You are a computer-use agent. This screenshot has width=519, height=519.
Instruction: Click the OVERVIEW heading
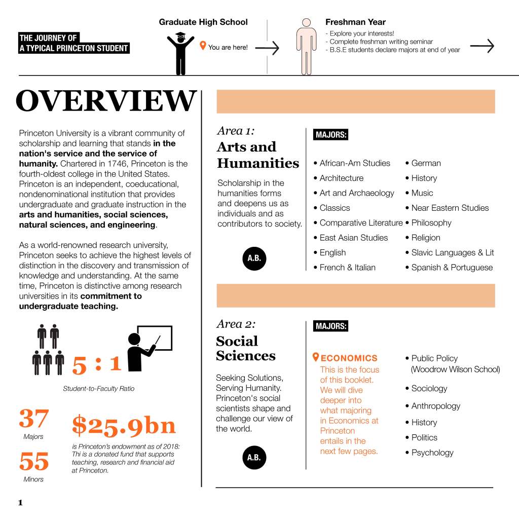pyautogui.click(x=106, y=101)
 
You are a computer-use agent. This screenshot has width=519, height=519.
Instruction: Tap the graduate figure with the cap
pyautogui.click(x=180, y=53)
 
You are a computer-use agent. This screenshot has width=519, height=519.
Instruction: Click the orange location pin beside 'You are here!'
pyautogui.click(x=203, y=46)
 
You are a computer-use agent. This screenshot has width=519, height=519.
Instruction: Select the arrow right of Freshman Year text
pyautogui.click(x=481, y=46)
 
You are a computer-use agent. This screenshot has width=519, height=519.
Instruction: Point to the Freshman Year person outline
pyautogui.click(x=306, y=47)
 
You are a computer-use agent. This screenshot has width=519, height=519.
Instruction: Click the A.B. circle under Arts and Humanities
pyautogui.click(x=254, y=258)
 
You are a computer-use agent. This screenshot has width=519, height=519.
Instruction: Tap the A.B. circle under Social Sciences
pyautogui.click(x=254, y=458)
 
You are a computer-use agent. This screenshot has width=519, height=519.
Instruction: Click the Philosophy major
pyautogui.click(x=431, y=223)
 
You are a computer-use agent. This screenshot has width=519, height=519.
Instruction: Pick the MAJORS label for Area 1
pyautogui.click(x=331, y=135)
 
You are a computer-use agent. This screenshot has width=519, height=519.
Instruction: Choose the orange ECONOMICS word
pyautogui.click(x=349, y=358)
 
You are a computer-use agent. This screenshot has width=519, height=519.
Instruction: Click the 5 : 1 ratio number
pyautogui.click(x=97, y=364)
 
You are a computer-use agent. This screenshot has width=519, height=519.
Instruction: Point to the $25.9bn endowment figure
pyautogui.click(x=124, y=426)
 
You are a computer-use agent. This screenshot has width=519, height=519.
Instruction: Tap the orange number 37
pyautogui.click(x=34, y=419)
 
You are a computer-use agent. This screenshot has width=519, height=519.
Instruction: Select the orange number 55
pyautogui.click(x=34, y=461)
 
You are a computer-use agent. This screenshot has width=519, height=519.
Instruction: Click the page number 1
pyautogui.click(x=20, y=503)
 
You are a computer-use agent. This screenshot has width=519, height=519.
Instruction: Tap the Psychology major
pyautogui.click(x=432, y=453)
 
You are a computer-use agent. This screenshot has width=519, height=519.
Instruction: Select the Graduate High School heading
pyautogui.click(x=203, y=22)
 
